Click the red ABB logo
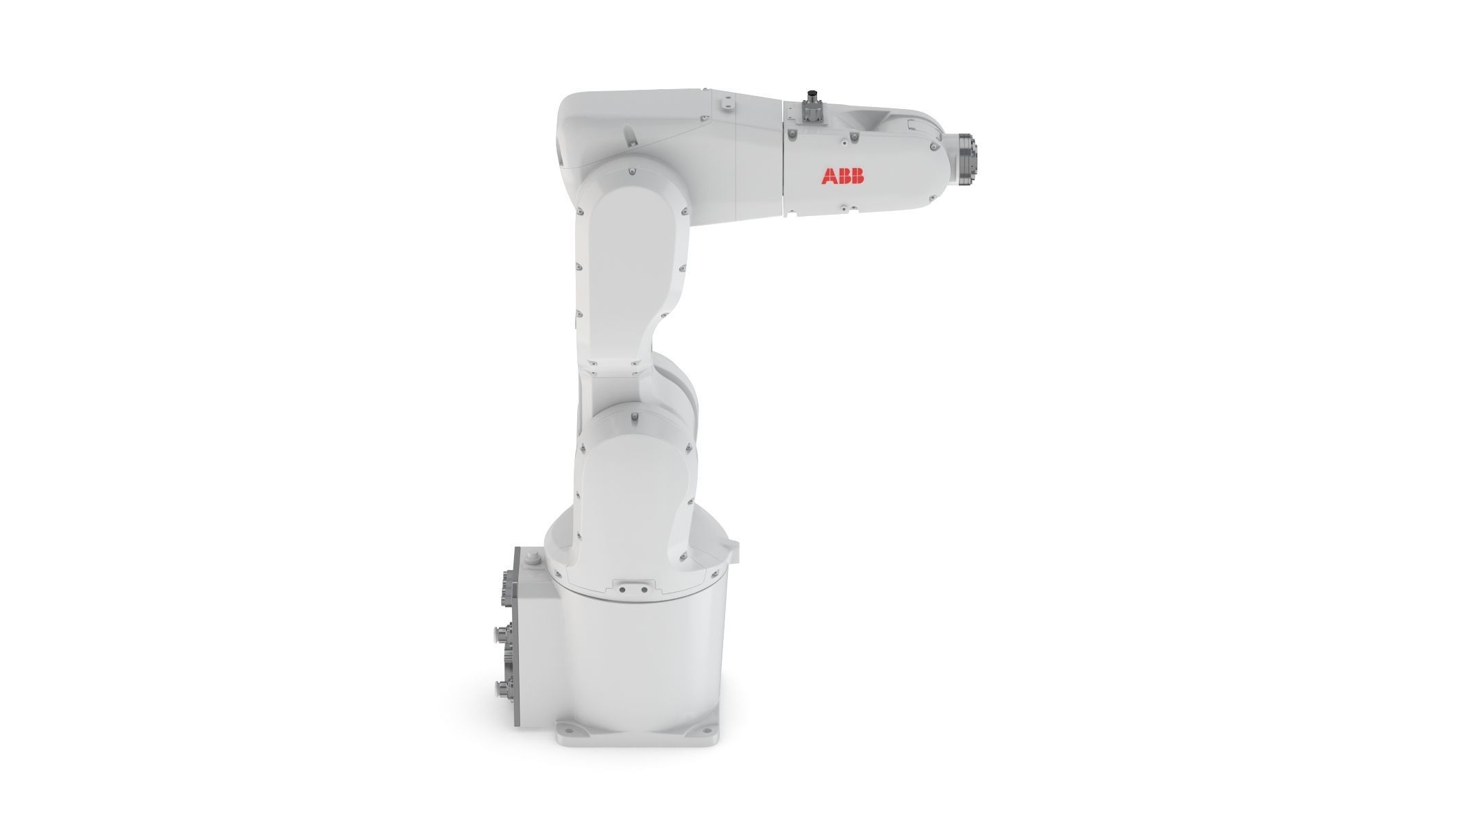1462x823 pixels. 842,176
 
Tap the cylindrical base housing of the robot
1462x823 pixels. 637,652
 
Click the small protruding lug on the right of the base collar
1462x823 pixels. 735,547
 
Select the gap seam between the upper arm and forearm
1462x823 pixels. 783,158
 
